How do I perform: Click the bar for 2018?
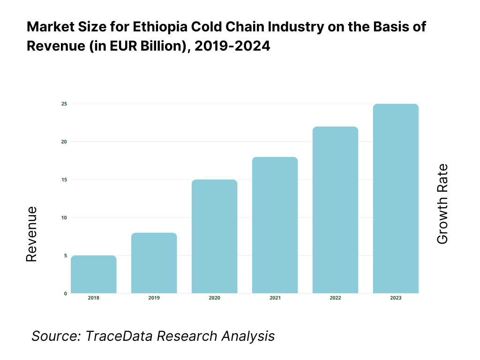click(94, 275)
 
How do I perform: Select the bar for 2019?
click(154, 263)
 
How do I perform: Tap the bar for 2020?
click(215, 237)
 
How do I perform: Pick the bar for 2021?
click(275, 225)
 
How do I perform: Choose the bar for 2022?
click(335, 210)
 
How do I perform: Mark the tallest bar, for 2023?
click(396, 199)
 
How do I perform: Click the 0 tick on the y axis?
click(65, 293)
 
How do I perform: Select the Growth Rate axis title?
click(442, 204)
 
